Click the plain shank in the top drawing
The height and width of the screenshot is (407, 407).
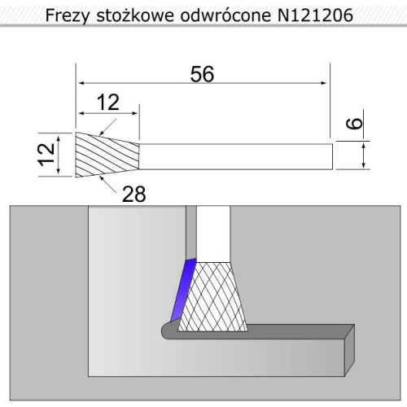[x=236, y=155]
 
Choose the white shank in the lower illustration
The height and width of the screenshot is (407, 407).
[x=217, y=232]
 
